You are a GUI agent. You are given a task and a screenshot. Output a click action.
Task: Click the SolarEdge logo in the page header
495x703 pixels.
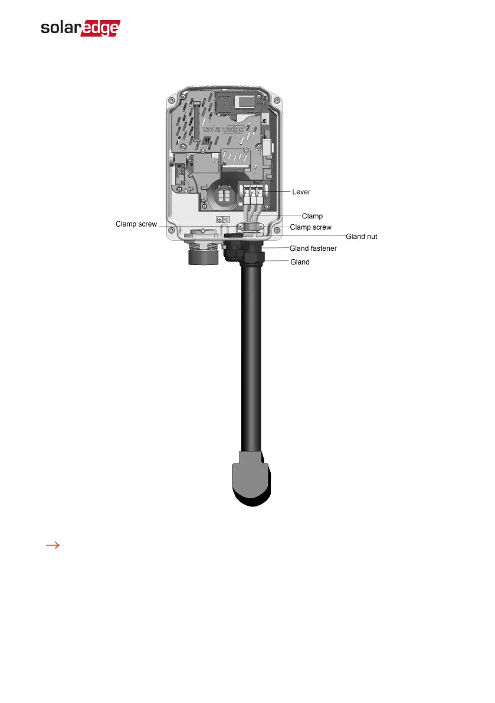[80, 29]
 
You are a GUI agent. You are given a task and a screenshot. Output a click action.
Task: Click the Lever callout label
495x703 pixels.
[301, 192]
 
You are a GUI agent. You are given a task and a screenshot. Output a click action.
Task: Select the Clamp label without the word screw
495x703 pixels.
[312, 216]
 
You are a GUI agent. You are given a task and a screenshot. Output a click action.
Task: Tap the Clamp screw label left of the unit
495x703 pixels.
[136, 224]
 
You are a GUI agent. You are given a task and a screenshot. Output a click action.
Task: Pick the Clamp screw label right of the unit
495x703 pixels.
[310, 227]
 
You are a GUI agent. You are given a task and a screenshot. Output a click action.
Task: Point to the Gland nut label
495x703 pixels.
[361, 236]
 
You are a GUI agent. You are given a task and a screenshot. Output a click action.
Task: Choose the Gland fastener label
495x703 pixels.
[313, 248]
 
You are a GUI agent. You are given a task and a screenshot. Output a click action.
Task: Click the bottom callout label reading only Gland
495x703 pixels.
[300, 261]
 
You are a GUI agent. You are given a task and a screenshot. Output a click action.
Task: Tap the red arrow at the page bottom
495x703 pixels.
[54, 546]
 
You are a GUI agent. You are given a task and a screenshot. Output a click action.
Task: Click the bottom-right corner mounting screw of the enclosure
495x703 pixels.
[276, 231]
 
